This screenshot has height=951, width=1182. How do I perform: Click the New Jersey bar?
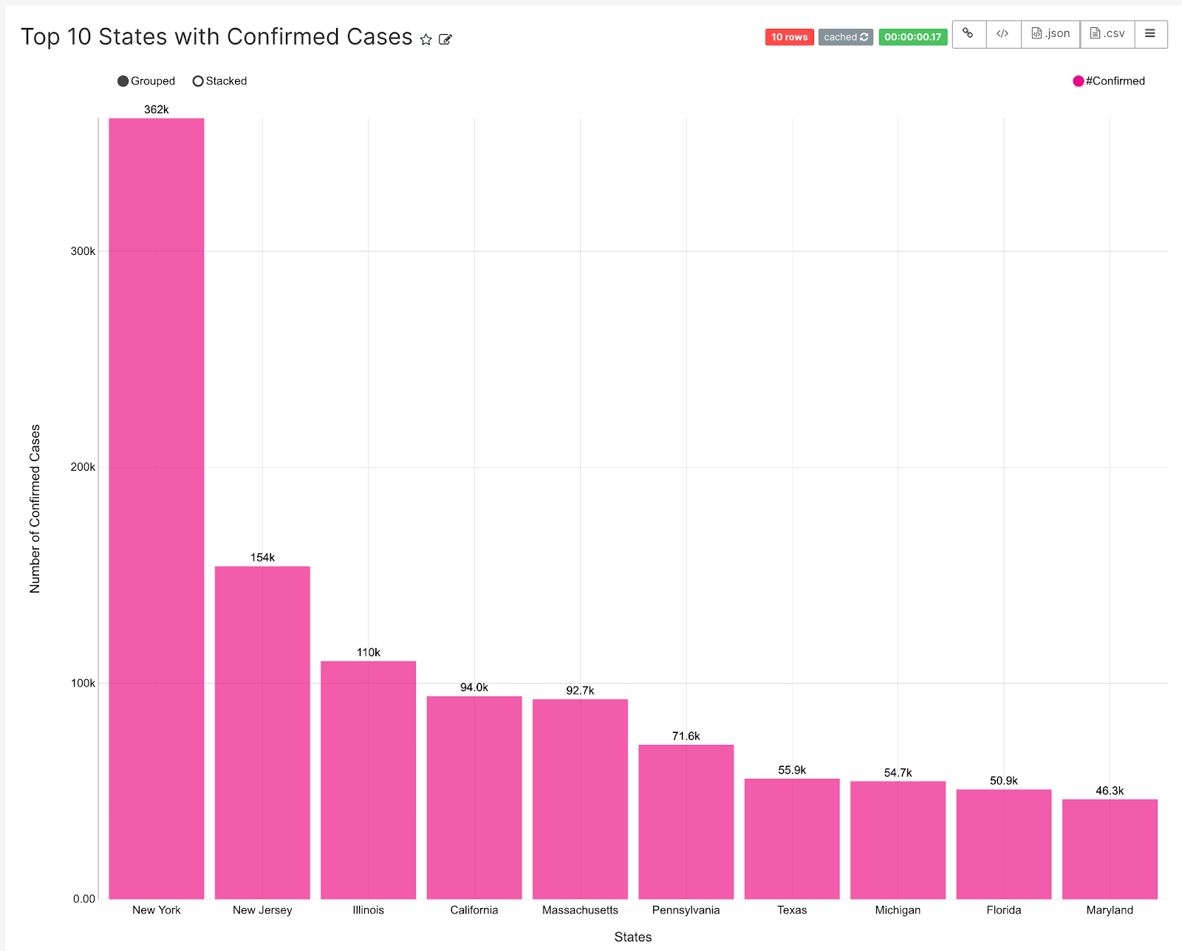point(262,732)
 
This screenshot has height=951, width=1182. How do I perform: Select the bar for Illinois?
point(368,780)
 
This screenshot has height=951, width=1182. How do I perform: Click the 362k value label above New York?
point(157,109)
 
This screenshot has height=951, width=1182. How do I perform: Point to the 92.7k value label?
point(580,690)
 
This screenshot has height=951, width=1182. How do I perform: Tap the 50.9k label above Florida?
point(1003,780)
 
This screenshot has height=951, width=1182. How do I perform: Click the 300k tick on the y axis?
point(83,251)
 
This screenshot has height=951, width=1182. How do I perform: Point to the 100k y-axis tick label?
point(83,683)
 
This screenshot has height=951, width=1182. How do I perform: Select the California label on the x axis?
point(474,910)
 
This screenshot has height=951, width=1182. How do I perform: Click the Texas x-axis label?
point(792,910)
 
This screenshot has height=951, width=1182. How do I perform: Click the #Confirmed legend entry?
point(1109,81)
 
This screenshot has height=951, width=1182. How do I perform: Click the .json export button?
point(1051,34)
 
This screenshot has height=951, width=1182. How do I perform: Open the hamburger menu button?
point(1150,34)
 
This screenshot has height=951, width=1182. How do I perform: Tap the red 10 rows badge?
point(789,37)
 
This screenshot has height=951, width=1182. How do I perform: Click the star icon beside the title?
point(426,39)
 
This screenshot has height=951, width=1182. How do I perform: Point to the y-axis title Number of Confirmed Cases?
point(35,508)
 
